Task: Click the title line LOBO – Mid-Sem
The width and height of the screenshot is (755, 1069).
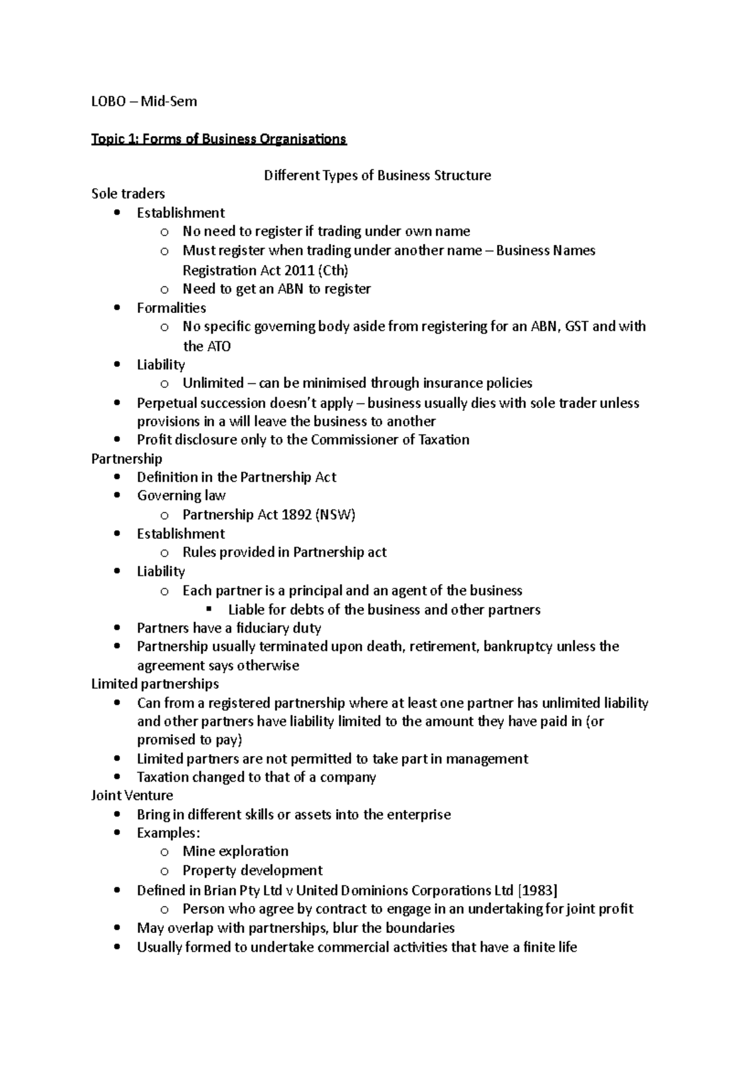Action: (144, 101)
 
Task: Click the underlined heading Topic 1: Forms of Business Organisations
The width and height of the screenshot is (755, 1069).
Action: (218, 139)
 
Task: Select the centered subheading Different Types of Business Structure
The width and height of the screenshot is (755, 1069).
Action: (377, 176)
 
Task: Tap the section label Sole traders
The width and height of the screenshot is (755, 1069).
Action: (128, 194)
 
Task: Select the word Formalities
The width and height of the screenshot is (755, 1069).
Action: (171, 308)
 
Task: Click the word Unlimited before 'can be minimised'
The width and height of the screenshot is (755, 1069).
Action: (213, 383)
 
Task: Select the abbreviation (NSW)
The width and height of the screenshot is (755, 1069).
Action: (336, 515)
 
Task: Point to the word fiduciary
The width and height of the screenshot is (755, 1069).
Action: (254, 628)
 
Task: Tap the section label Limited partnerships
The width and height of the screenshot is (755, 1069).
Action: (155, 684)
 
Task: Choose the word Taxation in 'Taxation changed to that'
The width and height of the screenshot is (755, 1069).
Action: (162, 778)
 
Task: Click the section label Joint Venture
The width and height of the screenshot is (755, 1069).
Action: (132, 796)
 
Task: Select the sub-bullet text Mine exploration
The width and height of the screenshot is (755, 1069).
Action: (235, 852)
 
